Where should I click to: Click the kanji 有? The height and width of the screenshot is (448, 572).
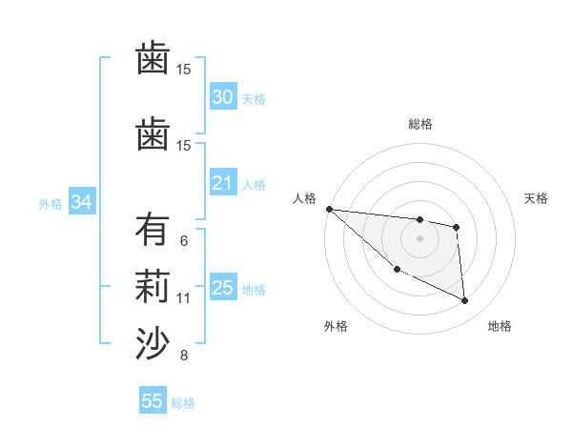point(152,232)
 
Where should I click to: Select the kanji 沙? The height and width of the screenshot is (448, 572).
point(152,343)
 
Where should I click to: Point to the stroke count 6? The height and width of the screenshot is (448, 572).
point(183,241)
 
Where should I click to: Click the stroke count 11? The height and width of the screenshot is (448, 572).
point(184,298)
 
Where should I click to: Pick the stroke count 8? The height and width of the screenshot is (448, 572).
point(183,356)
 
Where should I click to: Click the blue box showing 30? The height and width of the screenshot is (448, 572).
point(222,97)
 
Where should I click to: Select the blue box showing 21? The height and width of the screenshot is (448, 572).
point(222,183)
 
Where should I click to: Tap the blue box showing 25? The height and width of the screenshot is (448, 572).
point(222,288)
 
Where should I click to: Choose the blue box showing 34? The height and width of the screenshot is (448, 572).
point(81,202)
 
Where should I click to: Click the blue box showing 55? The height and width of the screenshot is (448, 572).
point(153,401)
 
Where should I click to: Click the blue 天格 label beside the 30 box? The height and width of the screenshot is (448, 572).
point(254,98)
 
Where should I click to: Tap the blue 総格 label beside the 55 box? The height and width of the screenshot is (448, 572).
point(183,403)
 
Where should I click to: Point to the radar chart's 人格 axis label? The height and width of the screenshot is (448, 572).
point(305,198)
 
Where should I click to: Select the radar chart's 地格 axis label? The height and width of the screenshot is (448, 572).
point(500,327)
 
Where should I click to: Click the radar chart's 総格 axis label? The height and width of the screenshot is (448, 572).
point(419,124)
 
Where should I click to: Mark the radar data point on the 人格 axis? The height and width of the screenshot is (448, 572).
point(329,209)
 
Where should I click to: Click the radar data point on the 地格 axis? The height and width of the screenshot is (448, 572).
point(465,301)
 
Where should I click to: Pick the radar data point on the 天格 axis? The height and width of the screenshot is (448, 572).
point(457,227)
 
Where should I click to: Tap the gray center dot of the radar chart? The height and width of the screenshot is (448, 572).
point(419,238)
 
